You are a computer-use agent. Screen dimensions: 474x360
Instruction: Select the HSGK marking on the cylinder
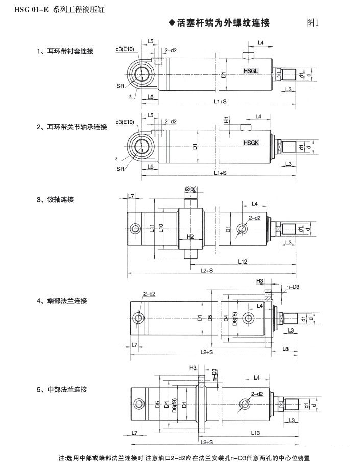[252, 143]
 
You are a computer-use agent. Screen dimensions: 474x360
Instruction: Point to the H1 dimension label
[226, 119]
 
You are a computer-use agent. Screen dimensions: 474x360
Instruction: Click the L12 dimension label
[243, 262]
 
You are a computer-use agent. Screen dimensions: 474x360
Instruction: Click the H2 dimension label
[190, 237]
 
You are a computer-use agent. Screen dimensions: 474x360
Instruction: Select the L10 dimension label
[161, 228]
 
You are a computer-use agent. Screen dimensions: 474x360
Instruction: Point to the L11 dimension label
[152, 228]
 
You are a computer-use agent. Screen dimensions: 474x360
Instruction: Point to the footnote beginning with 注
[184, 458]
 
